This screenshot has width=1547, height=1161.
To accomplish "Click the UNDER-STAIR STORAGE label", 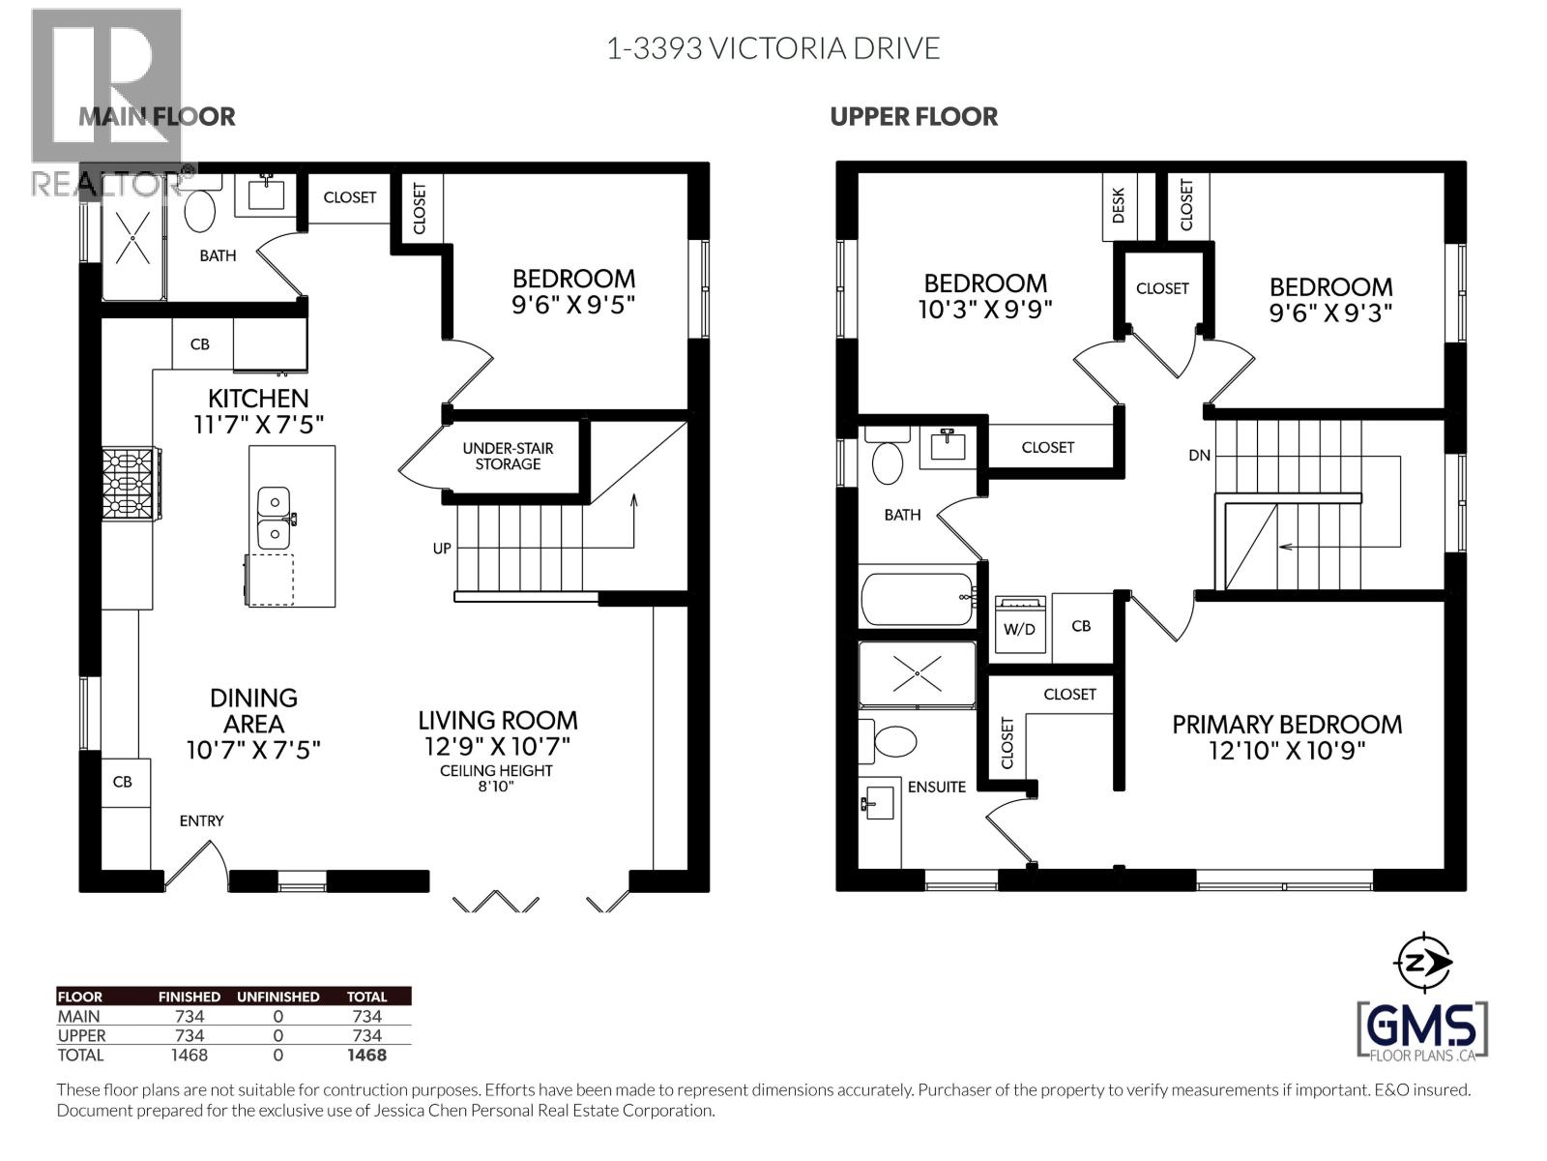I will tap(508, 456).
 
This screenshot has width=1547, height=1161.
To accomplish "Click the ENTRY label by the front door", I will tap(201, 820).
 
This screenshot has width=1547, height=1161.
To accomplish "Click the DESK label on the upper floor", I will tap(1119, 206).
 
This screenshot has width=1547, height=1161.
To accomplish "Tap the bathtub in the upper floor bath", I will tap(917, 598).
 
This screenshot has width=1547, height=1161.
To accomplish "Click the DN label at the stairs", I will tap(1199, 455).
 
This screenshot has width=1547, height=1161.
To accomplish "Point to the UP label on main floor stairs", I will tap(442, 549).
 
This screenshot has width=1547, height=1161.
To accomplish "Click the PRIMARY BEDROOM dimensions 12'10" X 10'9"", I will tap(1286, 751).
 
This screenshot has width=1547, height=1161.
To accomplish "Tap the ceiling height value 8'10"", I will tap(496, 787).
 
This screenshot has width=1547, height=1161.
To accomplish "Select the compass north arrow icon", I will tap(1421, 962).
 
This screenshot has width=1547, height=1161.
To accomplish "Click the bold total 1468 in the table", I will tap(366, 1056).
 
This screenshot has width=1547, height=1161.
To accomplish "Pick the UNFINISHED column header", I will tap(277, 997).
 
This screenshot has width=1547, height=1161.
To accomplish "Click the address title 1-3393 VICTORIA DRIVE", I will tap(773, 48).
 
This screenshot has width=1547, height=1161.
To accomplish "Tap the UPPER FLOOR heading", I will tap(914, 117).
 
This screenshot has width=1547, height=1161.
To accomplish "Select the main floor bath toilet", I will tap(200, 211).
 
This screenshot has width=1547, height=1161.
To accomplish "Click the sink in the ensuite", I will tap(878, 802).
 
